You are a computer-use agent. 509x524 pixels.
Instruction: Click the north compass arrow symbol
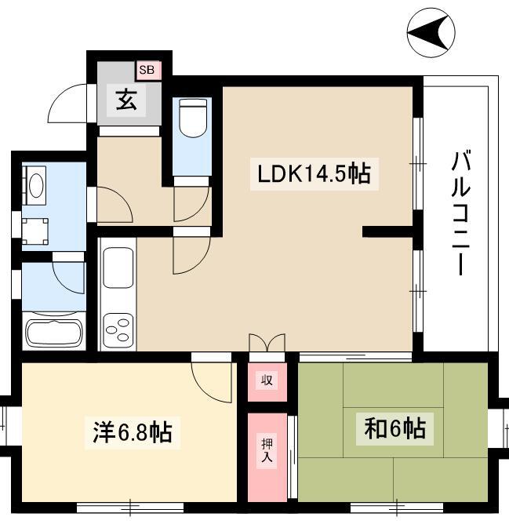pyautogui.click(x=431, y=32)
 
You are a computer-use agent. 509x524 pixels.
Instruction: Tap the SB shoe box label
pyautogui.click(x=147, y=70)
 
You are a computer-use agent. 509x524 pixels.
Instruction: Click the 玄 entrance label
pyautogui.click(x=126, y=100)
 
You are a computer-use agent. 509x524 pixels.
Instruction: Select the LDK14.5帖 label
pyautogui.click(x=314, y=174)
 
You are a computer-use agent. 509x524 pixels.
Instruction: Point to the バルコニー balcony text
pyautogui.click(x=461, y=213)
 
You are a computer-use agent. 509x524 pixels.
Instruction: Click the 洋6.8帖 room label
pyautogui.click(x=133, y=432)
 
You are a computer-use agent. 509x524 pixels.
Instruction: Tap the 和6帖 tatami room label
pyautogui.click(x=394, y=429)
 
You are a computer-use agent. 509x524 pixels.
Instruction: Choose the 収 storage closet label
pyautogui.click(x=267, y=380)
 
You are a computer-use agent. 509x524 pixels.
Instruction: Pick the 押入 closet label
pyautogui.click(x=267, y=450)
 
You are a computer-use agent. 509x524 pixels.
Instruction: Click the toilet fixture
pyautogui.click(x=193, y=118)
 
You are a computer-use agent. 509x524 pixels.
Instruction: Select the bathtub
pyautogui.click(x=54, y=333)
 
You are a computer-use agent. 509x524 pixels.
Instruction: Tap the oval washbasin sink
pyautogui.click(x=36, y=185)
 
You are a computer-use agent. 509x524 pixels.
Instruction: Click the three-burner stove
pyautogui.click(x=118, y=330)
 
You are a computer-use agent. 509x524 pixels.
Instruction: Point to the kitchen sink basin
pyautogui.click(x=118, y=267)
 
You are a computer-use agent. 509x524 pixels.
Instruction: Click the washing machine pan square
pyautogui.click(x=35, y=231)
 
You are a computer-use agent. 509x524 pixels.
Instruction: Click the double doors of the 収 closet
pyautogui.click(x=267, y=342)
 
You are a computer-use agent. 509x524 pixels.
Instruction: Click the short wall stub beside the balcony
pyautogui.click(x=388, y=232)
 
